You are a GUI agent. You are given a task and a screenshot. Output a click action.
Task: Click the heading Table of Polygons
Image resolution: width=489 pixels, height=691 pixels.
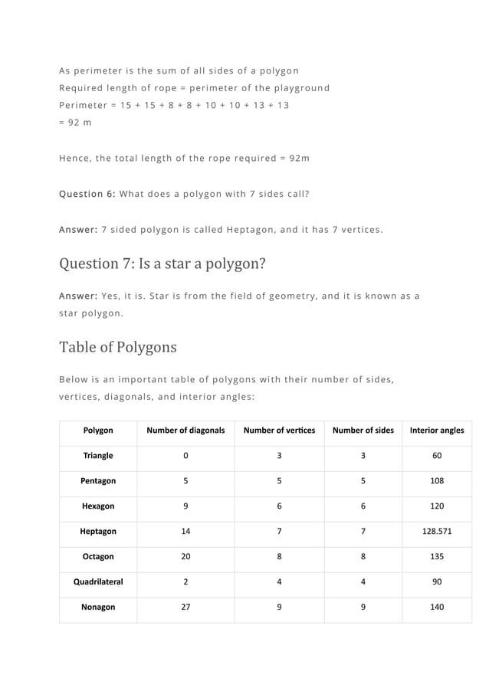pos(118,347)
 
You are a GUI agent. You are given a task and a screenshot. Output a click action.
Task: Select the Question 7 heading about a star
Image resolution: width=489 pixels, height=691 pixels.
pos(162,264)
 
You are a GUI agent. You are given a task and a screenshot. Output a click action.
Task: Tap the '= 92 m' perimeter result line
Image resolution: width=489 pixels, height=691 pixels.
pos(75,123)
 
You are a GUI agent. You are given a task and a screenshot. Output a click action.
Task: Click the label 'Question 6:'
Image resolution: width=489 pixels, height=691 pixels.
pos(87,194)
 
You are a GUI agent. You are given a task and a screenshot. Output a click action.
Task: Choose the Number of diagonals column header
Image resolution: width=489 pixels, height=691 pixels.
pos(185,431)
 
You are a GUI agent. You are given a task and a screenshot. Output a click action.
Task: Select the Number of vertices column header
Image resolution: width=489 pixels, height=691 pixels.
pos(279,431)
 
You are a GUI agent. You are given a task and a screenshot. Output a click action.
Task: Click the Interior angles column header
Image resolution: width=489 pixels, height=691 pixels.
pos(437,431)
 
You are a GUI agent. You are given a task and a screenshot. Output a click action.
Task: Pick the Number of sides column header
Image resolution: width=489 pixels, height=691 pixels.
pos(363,431)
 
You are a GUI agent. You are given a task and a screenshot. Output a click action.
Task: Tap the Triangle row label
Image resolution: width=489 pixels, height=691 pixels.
pos(98,456)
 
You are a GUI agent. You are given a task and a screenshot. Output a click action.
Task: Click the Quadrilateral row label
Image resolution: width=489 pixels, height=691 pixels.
pos(98,581)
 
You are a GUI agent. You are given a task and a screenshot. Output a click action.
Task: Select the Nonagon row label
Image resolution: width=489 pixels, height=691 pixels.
pos(98,607)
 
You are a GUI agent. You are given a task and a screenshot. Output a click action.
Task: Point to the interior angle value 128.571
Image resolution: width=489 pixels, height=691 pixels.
pos(437,531)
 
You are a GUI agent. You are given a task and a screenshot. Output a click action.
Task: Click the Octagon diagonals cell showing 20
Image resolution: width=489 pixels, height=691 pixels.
pos(185,556)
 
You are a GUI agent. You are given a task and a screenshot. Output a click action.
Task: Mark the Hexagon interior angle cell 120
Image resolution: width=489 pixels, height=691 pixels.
pos(437,506)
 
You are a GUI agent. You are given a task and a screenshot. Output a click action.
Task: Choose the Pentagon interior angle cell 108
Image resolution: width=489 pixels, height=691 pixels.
pos(437,481)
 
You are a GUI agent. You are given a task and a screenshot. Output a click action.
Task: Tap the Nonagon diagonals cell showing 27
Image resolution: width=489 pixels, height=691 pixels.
pos(185,607)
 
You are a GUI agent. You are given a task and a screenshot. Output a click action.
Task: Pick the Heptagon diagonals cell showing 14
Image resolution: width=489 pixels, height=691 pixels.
pos(185,531)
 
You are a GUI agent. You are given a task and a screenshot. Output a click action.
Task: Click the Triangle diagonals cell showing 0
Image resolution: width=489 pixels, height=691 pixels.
pos(185,456)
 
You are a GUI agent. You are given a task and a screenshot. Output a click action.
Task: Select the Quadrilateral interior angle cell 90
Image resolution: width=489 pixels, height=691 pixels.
pos(437,581)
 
